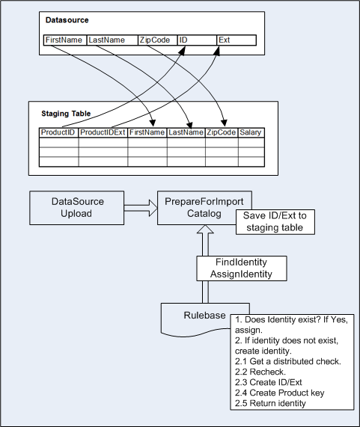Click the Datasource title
point(67,20)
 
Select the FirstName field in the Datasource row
point(65,40)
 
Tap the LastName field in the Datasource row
point(112,40)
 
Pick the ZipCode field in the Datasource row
point(157,40)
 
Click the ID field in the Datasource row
point(197,40)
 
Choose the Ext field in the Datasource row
point(237,40)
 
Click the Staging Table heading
point(66,114)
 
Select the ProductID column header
point(59,132)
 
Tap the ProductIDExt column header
point(103,132)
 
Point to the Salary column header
point(251,132)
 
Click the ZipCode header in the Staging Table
point(222,132)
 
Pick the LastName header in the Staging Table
point(186,132)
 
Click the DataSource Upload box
point(77,208)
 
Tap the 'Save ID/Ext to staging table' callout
point(275,221)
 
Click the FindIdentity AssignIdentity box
point(242,268)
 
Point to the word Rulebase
point(204,316)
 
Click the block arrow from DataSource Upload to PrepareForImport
point(141,208)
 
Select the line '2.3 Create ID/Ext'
point(269,382)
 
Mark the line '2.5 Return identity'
point(270,403)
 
